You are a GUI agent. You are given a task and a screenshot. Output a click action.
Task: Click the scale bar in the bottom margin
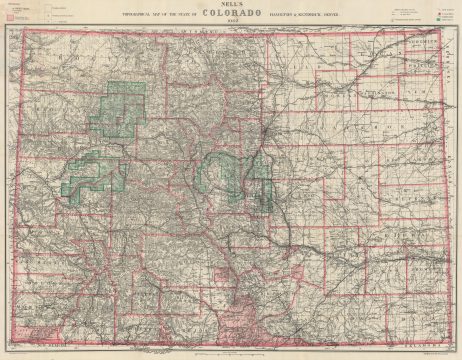point(231,353)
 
